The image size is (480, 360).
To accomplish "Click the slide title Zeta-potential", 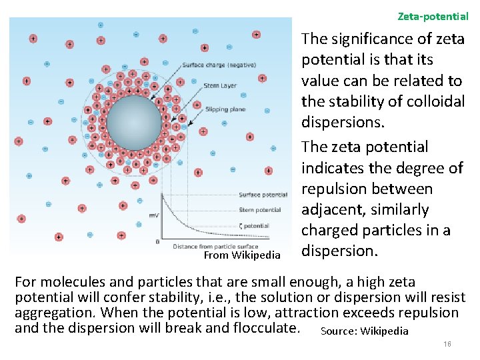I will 433,15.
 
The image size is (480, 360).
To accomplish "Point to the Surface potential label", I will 263,195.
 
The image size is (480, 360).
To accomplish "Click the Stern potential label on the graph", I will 260,210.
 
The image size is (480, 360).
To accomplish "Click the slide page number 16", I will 447,343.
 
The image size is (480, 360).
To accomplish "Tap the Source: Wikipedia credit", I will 364,331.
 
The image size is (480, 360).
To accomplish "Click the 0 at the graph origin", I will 157,241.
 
